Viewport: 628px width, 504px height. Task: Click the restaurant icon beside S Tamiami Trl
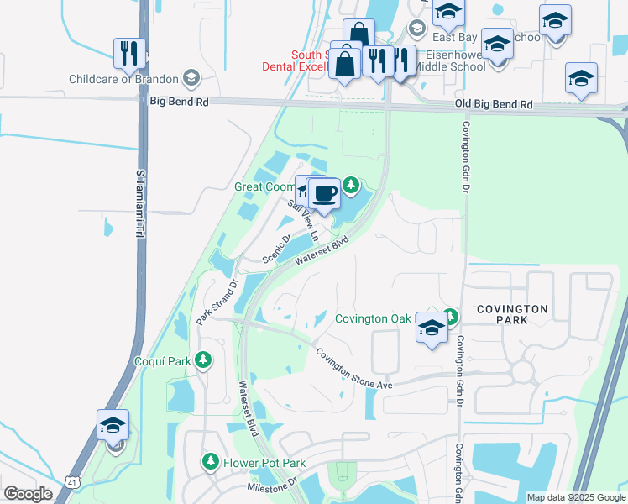(129, 53)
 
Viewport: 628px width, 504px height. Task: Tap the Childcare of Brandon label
(124, 80)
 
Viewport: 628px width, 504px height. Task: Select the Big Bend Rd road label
(180, 101)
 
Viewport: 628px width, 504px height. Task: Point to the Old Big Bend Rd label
(494, 104)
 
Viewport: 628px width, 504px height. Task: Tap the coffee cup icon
(325, 194)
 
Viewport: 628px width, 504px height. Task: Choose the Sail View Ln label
(304, 218)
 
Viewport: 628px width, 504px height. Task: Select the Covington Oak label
(373, 318)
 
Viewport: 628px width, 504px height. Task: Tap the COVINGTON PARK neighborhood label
(512, 314)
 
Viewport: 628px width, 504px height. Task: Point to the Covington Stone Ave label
(354, 368)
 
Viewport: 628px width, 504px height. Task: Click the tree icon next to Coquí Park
(202, 360)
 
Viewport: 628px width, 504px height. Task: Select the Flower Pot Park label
(264, 463)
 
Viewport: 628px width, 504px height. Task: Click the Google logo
(28, 494)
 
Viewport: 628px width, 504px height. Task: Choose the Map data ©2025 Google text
(575, 497)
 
